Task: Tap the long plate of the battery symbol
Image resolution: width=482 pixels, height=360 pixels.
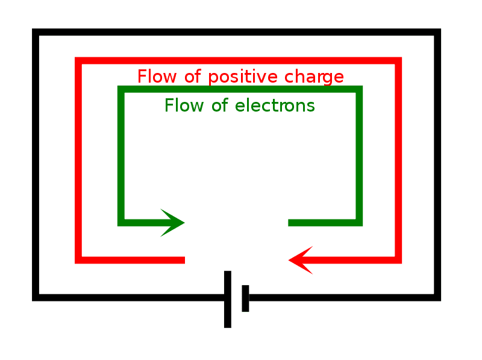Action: coord(227,299)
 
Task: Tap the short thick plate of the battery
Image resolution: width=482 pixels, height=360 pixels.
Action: coord(245,298)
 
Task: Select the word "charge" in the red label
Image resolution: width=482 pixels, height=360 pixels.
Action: coord(315,77)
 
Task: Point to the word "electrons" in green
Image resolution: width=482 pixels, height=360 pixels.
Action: coord(275,106)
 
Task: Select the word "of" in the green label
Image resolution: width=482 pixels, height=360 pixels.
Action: coord(219,106)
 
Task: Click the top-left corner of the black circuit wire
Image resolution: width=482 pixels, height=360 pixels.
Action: coord(36,33)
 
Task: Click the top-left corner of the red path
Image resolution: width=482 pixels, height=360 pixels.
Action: coord(78,60)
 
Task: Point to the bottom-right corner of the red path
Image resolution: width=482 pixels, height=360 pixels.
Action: coord(398,260)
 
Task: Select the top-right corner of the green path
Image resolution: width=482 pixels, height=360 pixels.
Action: coord(360,89)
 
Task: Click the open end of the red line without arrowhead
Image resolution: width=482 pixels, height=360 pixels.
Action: coord(183,260)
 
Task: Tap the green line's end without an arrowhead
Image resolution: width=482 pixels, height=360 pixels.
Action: coord(290,223)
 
